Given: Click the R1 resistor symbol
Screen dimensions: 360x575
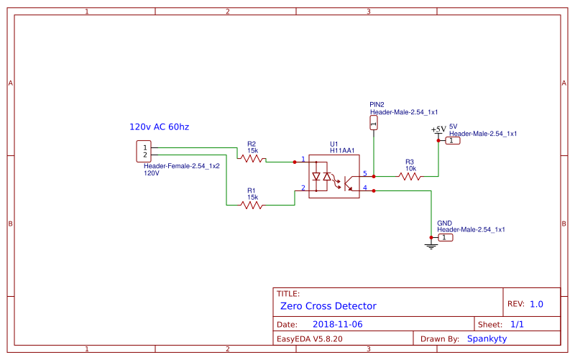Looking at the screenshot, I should (x=252, y=205).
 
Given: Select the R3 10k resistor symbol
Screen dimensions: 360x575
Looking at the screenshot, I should (x=410, y=175).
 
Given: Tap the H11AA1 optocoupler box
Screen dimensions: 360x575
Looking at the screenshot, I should (x=334, y=180).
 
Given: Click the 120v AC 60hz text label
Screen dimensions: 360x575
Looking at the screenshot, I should (x=160, y=127).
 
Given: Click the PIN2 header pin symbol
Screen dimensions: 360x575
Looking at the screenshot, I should (x=373, y=124).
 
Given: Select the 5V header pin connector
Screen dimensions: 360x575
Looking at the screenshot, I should (x=452, y=141).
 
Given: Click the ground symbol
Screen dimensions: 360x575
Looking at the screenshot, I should (x=431, y=246).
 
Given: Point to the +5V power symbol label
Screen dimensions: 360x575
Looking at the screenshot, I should (x=438, y=130).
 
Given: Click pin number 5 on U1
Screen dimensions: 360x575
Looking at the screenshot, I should (x=365, y=173).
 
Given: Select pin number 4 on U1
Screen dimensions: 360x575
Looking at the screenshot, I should (x=365, y=188).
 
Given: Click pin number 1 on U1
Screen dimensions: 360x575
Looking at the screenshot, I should (x=303, y=159).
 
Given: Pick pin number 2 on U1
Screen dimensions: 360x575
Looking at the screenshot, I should (x=303, y=188).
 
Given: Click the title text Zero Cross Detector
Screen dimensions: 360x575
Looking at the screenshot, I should (x=328, y=306).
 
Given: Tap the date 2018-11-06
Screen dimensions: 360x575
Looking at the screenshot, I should (x=337, y=324).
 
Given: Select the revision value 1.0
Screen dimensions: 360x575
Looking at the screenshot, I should (x=536, y=304).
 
